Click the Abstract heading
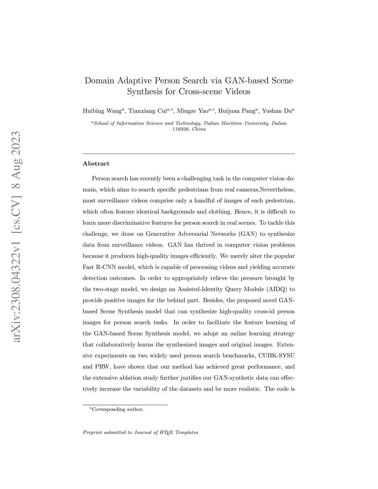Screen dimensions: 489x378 (x=96, y=163)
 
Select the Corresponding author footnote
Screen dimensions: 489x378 (x=117, y=409)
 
